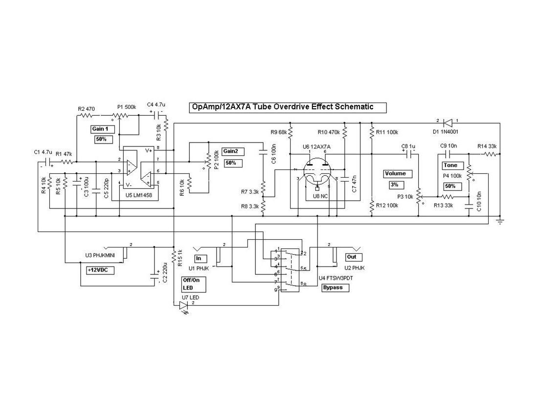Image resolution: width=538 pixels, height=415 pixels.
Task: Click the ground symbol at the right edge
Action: [x=500, y=220]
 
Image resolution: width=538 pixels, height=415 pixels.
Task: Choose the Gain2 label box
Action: [x=233, y=151]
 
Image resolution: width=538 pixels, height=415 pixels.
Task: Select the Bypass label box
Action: [x=337, y=288]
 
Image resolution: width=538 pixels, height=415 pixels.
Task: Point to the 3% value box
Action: [x=394, y=185]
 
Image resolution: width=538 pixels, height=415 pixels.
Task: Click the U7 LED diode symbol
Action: [x=184, y=306]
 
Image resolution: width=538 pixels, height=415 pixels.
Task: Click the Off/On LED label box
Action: [x=194, y=284]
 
